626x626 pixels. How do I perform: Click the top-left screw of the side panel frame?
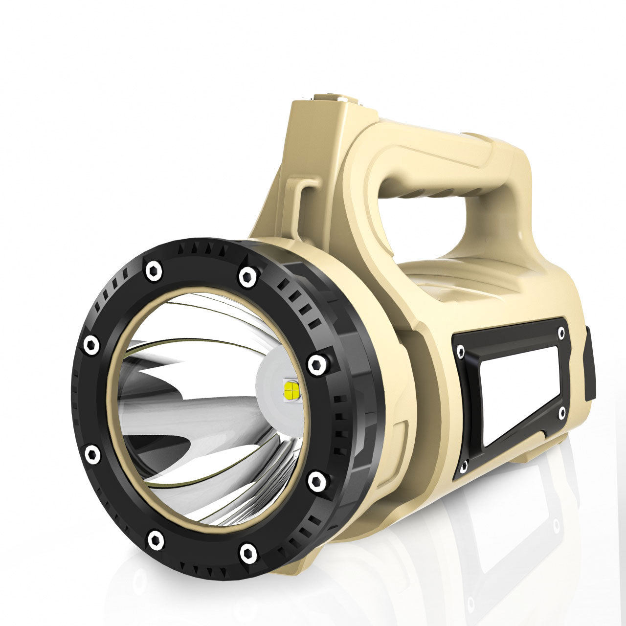point(460,351)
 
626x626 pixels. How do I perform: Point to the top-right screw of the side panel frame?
point(561,331)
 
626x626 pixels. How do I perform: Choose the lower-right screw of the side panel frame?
point(562,412)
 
